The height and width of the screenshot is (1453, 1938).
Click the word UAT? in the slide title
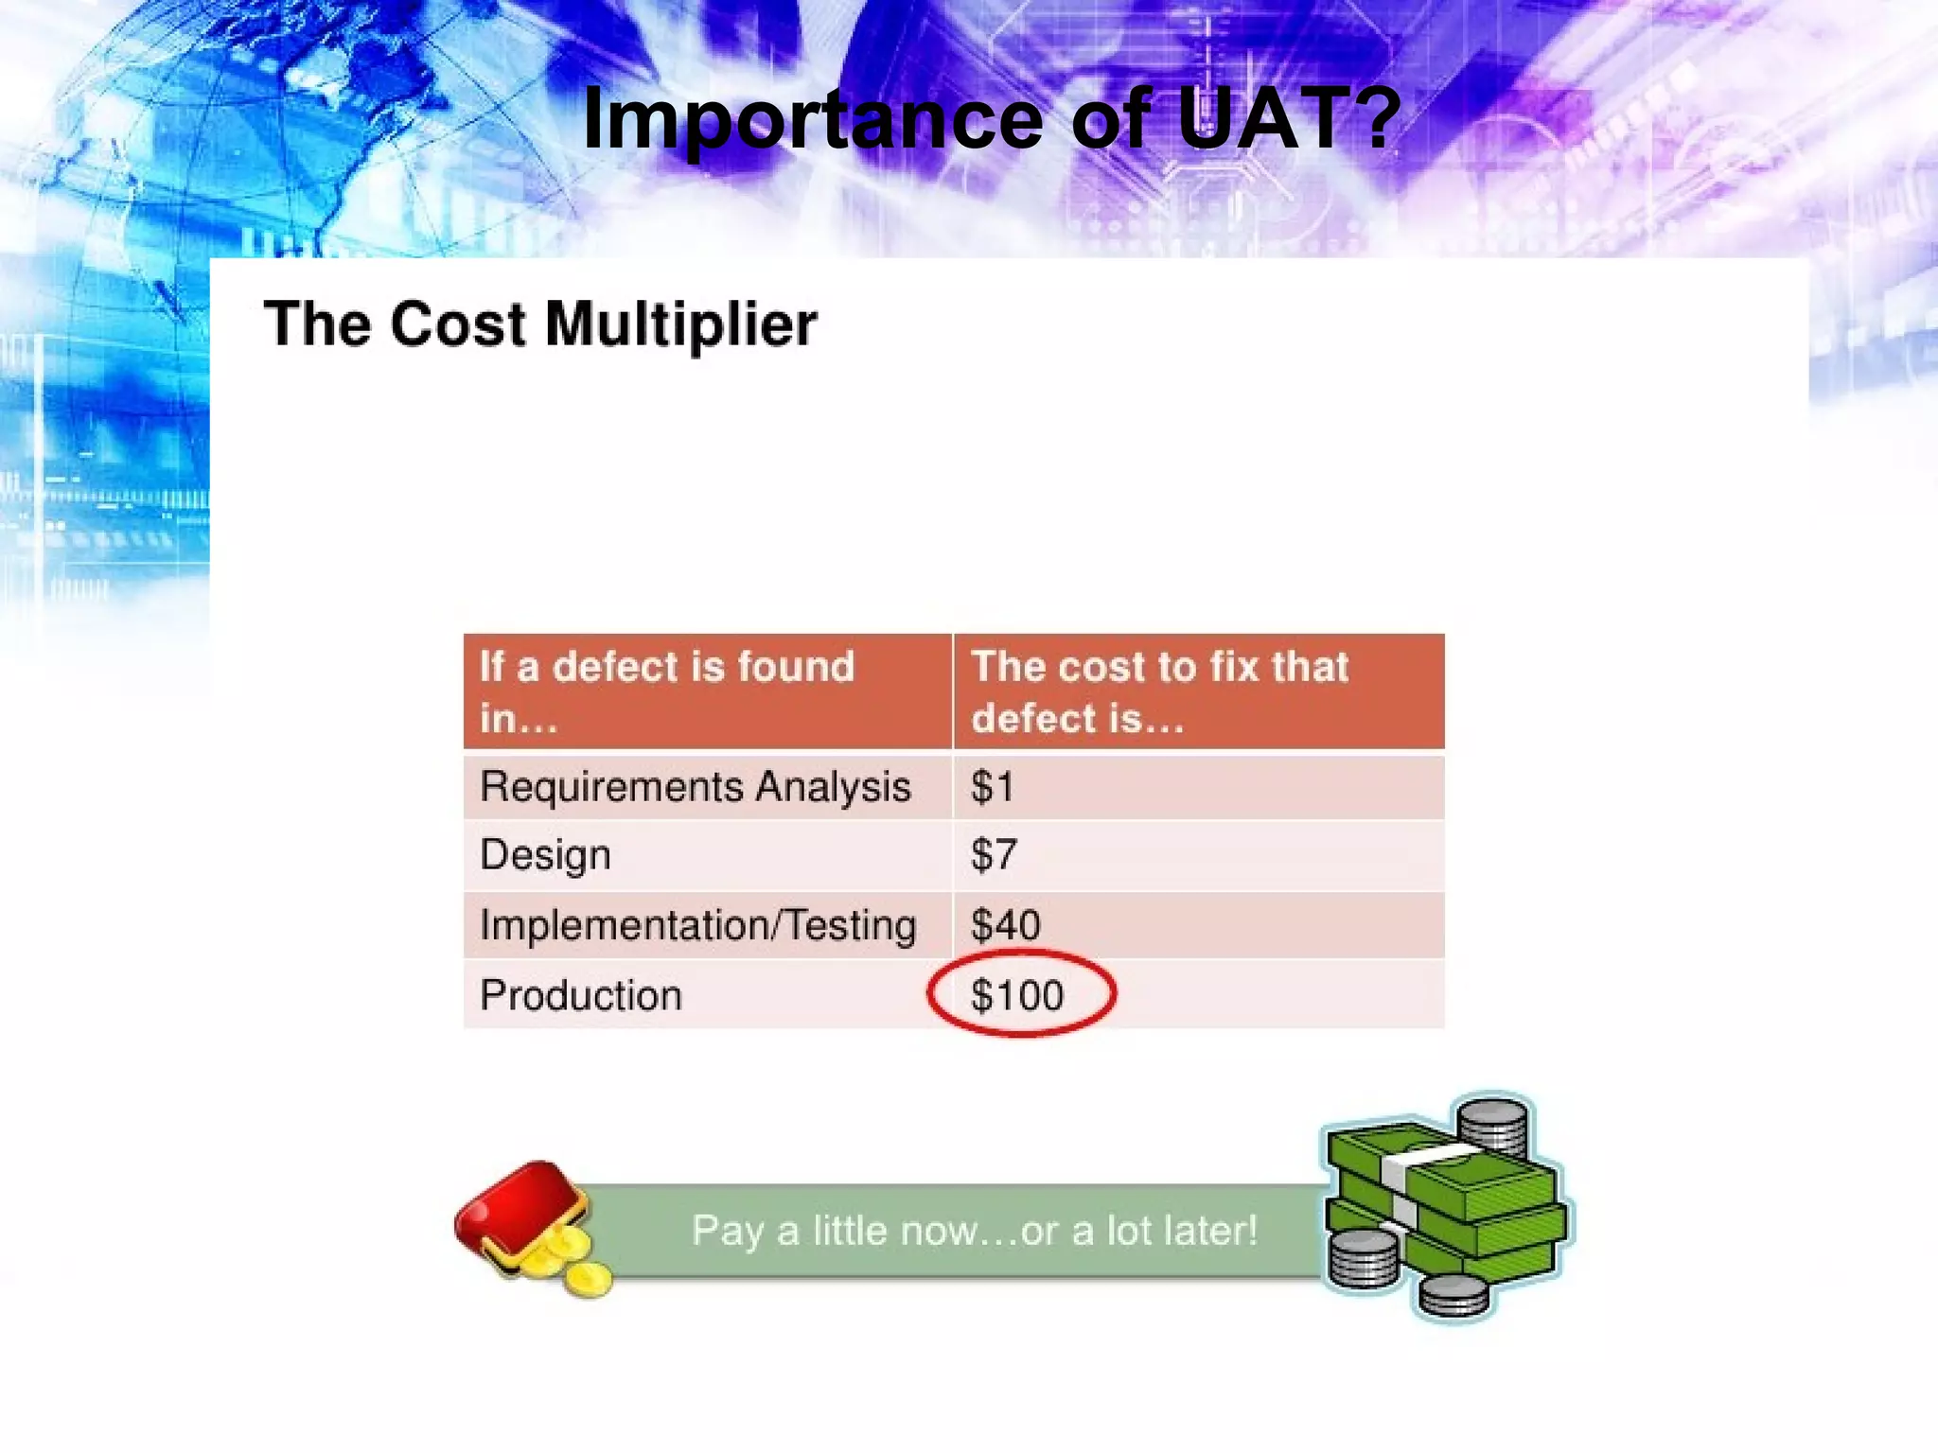[x=1287, y=118]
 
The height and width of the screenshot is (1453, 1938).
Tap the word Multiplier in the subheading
[x=680, y=324]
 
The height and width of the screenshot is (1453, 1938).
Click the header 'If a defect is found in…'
[x=667, y=691]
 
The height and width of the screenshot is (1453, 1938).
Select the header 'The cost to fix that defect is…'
[x=1160, y=691]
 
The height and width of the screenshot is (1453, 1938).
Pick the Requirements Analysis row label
[x=696, y=787]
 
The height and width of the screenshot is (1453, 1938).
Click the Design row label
[x=545, y=855]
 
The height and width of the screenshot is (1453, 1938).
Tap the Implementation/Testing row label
[x=698, y=925]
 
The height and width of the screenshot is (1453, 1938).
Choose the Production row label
[x=581, y=995]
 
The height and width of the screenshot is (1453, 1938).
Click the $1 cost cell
[x=993, y=787]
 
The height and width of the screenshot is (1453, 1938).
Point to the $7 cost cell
[x=994, y=855]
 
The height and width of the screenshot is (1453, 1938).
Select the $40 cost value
[x=1006, y=925]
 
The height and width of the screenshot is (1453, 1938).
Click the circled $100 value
[x=1018, y=995]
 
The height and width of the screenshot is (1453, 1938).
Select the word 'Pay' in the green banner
[x=727, y=1231]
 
